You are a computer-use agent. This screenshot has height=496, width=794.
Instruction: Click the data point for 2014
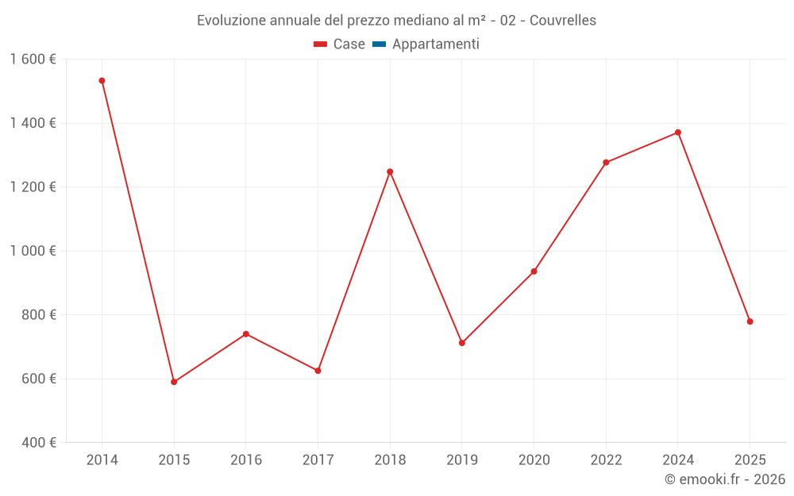click(x=102, y=81)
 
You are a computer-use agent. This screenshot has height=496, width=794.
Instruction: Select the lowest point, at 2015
click(x=174, y=382)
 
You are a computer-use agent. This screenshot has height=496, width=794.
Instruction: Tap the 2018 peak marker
click(x=390, y=171)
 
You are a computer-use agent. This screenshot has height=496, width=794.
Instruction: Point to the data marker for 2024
click(x=677, y=133)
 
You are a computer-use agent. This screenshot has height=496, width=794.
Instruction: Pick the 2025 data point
click(x=750, y=321)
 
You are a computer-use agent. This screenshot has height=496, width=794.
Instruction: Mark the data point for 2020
click(x=534, y=271)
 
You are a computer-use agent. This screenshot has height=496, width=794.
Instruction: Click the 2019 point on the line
click(x=462, y=343)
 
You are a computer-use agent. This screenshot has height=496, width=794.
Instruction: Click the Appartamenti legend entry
click(x=435, y=44)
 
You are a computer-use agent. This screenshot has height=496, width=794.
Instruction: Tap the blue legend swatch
click(x=379, y=44)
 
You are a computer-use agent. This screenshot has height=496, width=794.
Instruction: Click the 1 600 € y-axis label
click(x=33, y=60)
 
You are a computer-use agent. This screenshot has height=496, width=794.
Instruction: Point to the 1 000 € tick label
click(x=33, y=251)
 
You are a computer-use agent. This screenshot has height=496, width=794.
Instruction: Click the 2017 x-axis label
click(x=318, y=460)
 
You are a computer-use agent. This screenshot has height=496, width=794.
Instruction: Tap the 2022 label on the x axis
click(x=606, y=460)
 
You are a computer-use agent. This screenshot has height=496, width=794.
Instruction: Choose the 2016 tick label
click(x=245, y=460)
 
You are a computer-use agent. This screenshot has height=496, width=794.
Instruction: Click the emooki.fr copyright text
click(x=724, y=479)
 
